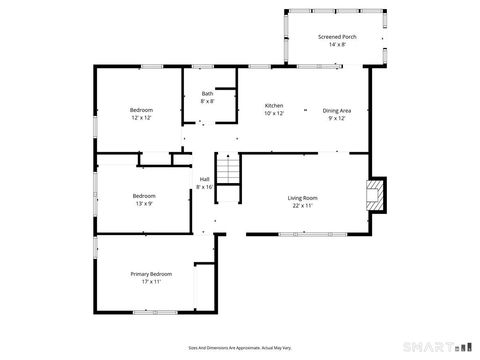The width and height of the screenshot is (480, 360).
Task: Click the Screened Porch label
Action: tap(337, 37)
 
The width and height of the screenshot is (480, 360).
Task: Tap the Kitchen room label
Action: tap(273, 106)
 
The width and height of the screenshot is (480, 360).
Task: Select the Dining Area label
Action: tap(336, 111)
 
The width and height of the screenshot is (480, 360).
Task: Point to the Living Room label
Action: tap(303, 198)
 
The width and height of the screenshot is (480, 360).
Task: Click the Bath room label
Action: tap(207, 94)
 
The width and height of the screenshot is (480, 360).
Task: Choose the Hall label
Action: tap(205, 179)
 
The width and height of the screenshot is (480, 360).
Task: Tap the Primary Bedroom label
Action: tap(151, 274)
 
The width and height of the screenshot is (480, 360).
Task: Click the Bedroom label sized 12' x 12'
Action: tap(141, 110)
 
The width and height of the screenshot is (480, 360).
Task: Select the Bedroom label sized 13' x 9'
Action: tap(144, 195)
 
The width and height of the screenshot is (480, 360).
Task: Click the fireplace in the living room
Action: tap(374, 195)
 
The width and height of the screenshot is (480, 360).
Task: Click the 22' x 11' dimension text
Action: tap(303, 206)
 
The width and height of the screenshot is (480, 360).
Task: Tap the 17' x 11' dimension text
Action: tap(151, 282)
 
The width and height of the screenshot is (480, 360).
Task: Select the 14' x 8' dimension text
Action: tap(337, 45)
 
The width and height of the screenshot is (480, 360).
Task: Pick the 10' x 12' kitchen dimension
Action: tap(273, 114)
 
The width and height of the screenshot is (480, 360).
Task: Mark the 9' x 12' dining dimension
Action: tap(336, 119)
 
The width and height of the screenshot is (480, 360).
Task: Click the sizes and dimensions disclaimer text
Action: tap(240, 348)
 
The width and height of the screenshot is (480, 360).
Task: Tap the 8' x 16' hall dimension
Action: tap(205, 187)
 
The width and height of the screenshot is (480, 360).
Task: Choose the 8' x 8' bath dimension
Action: tap(207, 102)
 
